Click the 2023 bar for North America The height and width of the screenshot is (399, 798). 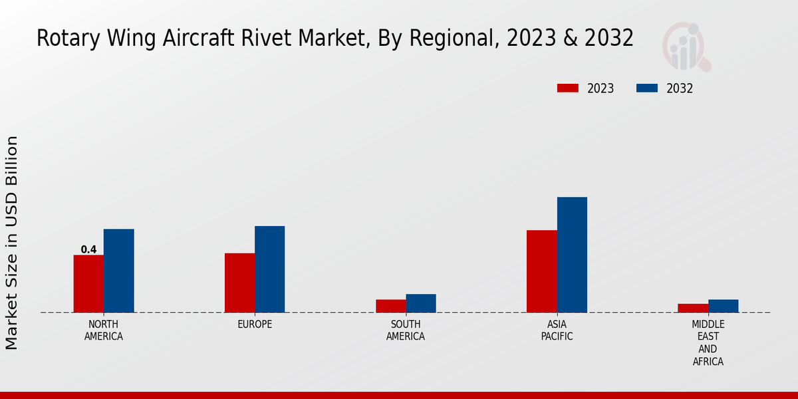88,283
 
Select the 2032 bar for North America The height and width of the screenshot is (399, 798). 119,271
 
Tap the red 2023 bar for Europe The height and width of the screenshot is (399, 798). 239,283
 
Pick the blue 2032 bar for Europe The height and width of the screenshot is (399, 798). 270,269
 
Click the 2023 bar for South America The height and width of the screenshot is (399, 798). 390,306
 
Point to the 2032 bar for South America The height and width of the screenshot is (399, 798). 421,303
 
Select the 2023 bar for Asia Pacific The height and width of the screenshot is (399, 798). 541,271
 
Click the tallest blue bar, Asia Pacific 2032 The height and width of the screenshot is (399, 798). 572,255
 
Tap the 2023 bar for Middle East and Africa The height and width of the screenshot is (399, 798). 693,308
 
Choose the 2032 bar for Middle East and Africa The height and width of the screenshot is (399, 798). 724,306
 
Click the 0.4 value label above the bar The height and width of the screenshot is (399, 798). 88,250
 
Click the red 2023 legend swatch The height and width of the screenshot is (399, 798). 568,88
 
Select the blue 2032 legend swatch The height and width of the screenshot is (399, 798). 647,88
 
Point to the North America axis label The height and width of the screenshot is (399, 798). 104,331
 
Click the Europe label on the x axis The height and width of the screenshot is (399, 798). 255,325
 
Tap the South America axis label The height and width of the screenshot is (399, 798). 406,331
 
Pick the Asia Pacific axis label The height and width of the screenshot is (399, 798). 557,331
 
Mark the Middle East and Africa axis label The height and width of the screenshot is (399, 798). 708,343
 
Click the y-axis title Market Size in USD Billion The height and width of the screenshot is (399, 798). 12,243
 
